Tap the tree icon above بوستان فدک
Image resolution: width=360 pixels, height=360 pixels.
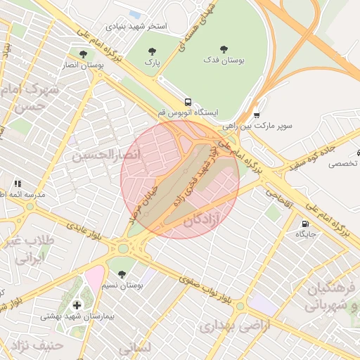[224, 49]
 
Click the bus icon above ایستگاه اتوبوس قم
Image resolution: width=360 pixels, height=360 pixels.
[187, 101]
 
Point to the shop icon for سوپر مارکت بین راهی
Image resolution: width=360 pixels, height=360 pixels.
[257, 115]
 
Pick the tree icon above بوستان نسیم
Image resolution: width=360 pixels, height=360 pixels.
[122, 274]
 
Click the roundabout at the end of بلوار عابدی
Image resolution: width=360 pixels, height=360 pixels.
[124, 247]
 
